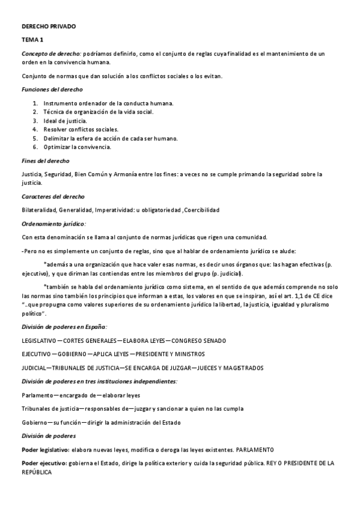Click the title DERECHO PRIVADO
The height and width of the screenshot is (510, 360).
(x=49, y=27)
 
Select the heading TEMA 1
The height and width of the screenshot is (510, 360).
(x=32, y=40)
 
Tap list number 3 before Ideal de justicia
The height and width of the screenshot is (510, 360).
(x=35, y=121)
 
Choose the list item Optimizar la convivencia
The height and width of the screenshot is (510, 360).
(x=77, y=147)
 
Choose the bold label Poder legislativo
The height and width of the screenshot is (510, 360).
(x=45, y=449)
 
